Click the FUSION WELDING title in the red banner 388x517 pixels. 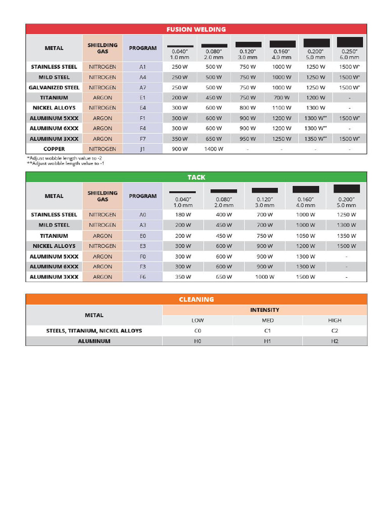pyautogui.click(x=196, y=29)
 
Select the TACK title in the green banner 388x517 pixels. pyautogui.click(x=196, y=177)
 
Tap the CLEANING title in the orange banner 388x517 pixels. pyautogui.click(x=196, y=299)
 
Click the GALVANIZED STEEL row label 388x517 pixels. pyautogui.click(x=54, y=87)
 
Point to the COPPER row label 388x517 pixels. pyautogui.click(x=54, y=149)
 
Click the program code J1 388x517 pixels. pyautogui.click(x=142, y=149)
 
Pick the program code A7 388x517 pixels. pyautogui.click(x=142, y=87)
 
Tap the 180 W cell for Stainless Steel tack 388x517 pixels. pyautogui.click(x=182, y=215)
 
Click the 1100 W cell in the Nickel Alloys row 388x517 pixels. pyautogui.click(x=282, y=108)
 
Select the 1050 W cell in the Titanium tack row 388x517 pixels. pyautogui.click(x=305, y=236)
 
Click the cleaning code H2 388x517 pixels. pyautogui.click(x=334, y=341)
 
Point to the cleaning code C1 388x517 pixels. pyautogui.click(x=267, y=331)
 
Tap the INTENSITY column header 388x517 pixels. pyautogui.click(x=265, y=310)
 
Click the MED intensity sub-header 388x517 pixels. pyautogui.click(x=267, y=320)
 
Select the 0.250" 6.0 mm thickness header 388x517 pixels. pyautogui.click(x=349, y=55)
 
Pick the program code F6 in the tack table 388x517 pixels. pyautogui.click(x=142, y=277)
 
